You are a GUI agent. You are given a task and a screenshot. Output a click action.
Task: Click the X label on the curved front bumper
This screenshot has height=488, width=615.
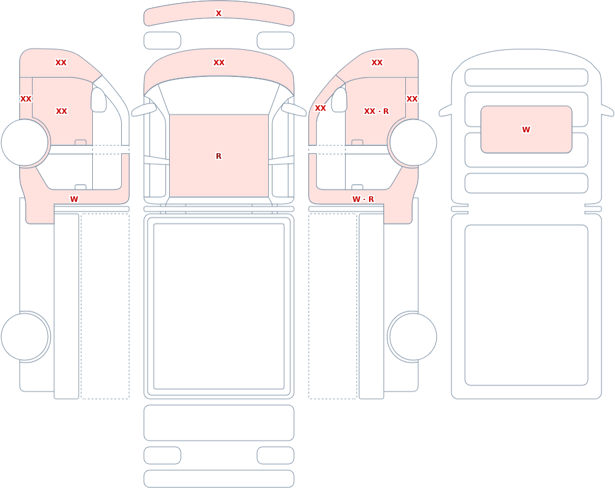(218, 14)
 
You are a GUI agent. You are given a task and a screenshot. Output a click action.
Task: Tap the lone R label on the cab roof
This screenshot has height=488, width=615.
(218, 156)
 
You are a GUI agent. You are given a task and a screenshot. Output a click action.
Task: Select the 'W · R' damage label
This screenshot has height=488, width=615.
(363, 199)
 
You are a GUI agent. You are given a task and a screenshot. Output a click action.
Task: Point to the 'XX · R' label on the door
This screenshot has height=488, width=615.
(376, 111)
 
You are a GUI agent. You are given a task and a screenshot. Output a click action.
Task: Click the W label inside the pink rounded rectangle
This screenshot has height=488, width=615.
(526, 130)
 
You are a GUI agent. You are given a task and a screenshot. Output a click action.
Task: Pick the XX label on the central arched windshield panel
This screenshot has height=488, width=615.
(219, 62)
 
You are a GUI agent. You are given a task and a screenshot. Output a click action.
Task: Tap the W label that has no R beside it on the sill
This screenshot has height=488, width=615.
(74, 199)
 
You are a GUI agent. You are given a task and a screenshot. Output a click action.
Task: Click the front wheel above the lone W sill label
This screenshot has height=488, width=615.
(25, 143)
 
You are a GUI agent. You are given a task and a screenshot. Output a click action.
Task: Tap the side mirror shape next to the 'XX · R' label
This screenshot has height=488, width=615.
(339, 100)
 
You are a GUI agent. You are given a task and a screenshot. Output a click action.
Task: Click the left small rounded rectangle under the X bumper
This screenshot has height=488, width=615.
(162, 41)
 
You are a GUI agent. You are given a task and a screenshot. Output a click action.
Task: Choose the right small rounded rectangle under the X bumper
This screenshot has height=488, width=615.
(276, 41)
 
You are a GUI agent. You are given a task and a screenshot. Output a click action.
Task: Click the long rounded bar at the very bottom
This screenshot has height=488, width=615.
(219, 479)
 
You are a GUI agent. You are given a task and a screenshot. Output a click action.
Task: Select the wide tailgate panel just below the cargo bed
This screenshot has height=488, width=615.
(219, 423)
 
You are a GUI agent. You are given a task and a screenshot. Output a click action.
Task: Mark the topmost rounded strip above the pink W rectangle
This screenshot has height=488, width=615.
(526, 78)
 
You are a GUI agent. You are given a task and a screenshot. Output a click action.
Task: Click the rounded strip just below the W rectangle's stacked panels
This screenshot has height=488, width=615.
(526, 183)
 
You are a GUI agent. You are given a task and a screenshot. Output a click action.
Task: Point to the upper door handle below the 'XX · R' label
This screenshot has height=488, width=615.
(357, 142)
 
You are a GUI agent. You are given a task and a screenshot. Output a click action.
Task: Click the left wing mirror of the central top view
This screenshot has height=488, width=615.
(143, 110)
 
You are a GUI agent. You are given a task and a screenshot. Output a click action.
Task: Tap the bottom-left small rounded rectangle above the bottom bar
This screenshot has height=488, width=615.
(162, 455)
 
